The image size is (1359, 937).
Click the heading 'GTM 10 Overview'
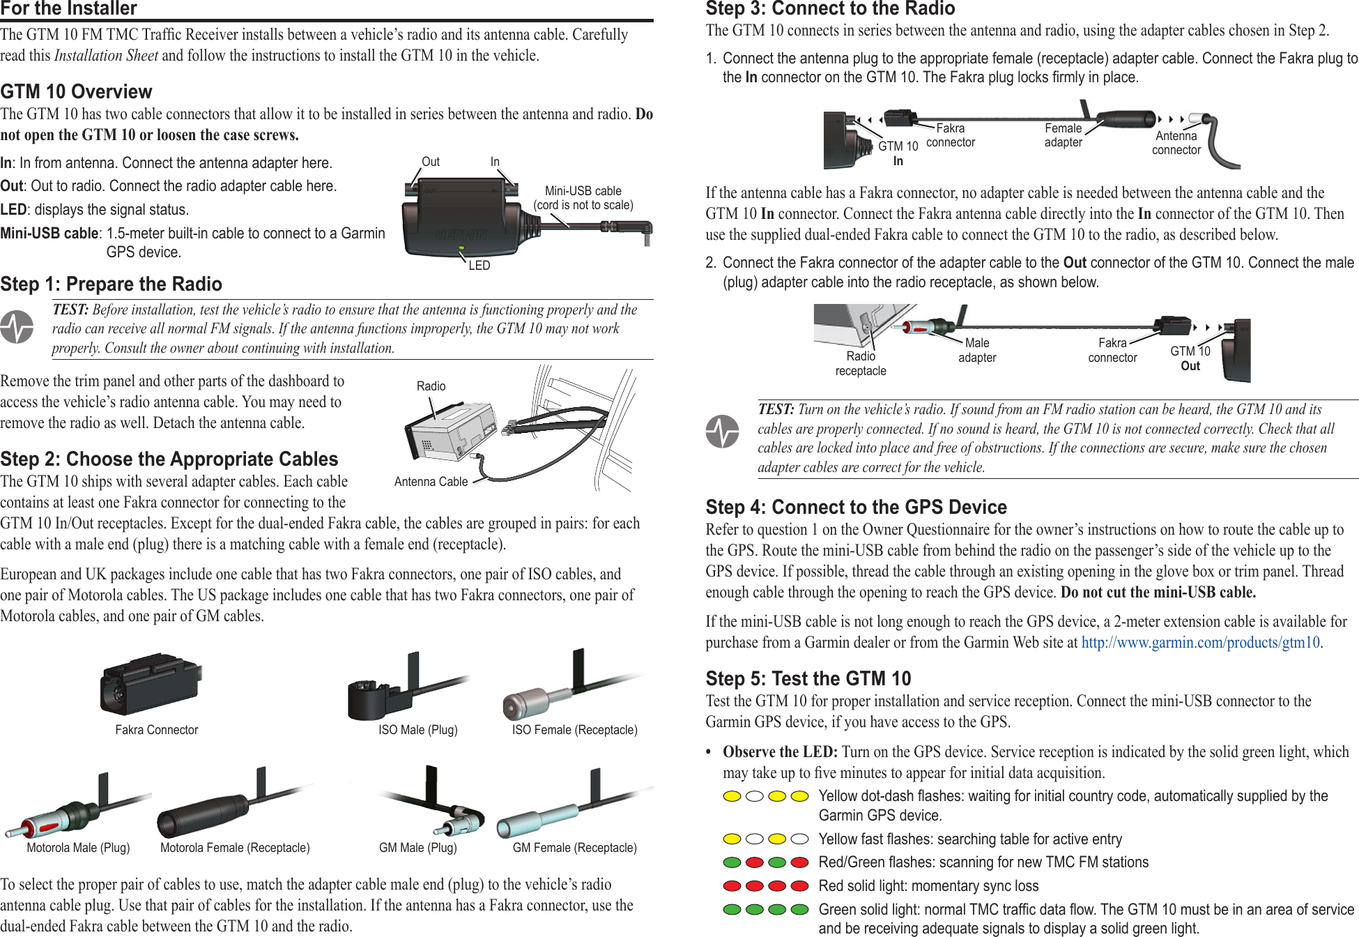point(76,91)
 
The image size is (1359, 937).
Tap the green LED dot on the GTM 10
point(461,248)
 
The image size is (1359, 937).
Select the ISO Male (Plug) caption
point(417,730)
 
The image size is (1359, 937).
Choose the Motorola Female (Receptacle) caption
point(235,848)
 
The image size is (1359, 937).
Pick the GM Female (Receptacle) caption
point(574,848)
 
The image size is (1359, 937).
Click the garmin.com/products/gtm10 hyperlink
point(1200,642)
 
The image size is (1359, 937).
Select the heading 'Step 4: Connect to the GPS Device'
point(856,507)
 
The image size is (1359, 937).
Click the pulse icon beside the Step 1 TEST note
point(17,327)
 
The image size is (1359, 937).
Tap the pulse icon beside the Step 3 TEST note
point(722,432)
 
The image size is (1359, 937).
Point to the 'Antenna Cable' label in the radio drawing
point(431,482)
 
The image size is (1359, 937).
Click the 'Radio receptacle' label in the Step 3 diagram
point(861,363)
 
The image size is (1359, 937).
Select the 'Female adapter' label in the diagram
point(1063,135)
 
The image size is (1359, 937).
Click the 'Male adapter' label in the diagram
point(977,350)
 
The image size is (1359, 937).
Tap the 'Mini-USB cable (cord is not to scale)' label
point(583,198)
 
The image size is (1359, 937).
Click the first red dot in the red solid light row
point(732,886)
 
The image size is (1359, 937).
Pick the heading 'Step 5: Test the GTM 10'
point(808,678)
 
